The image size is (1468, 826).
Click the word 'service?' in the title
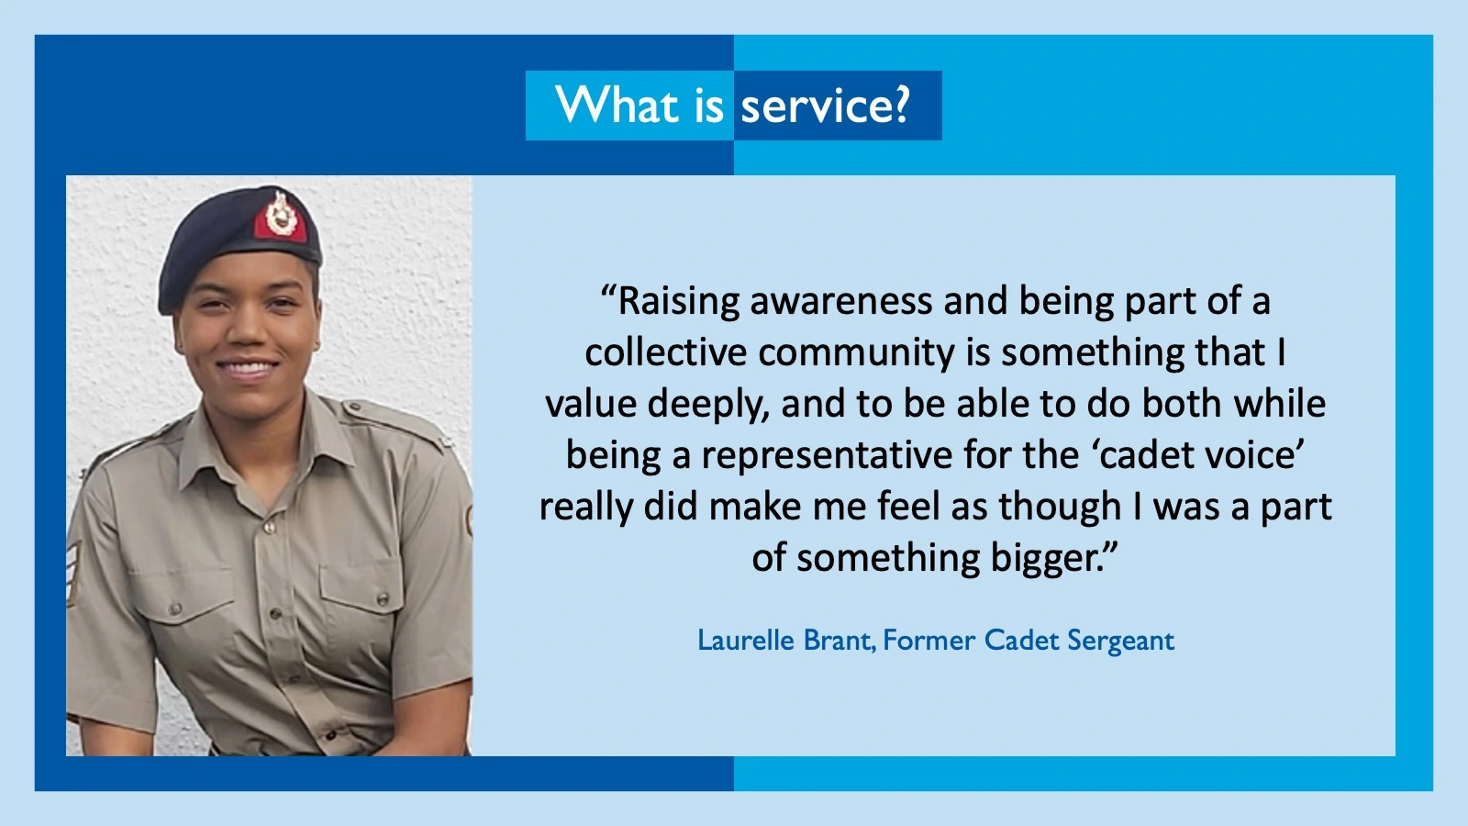pyautogui.click(x=826, y=106)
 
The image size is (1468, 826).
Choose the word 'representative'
pyautogui.click(x=827, y=456)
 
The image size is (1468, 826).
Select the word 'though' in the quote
pyautogui.click(x=1061, y=508)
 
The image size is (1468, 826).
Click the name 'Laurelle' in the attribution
pyautogui.click(x=746, y=641)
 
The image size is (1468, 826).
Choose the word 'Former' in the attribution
pyautogui.click(x=929, y=641)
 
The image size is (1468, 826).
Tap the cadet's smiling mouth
pyautogui.click(x=248, y=369)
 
